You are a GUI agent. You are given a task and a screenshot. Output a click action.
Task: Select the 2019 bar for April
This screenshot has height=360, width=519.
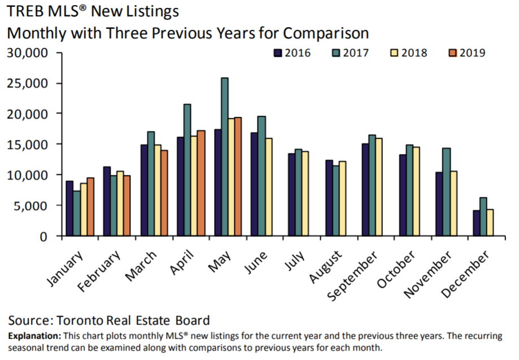click(x=201, y=183)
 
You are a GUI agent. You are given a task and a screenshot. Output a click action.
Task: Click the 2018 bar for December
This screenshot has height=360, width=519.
click(x=490, y=222)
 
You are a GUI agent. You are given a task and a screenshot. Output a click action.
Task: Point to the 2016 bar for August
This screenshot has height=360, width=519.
click(x=328, y=198)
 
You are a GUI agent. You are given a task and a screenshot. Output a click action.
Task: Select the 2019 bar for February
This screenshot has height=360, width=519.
click(x=127, y=205)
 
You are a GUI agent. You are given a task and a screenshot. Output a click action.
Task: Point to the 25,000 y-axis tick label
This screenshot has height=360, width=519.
click(x=32, y=84)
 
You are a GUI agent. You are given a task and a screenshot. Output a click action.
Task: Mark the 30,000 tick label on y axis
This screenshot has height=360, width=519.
click(x=32, y=53)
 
